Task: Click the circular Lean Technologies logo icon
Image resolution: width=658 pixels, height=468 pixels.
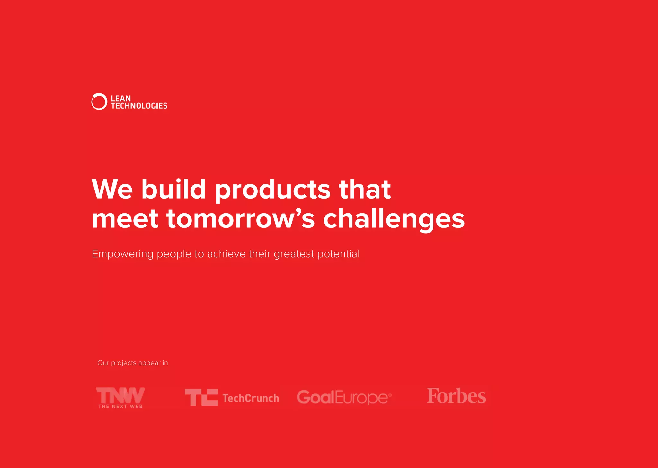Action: coord(99,102)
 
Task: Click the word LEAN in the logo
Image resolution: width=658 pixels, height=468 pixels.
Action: coord(121,98)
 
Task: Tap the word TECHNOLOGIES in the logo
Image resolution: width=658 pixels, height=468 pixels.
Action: coord(139,106)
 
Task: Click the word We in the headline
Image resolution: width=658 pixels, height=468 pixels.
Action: coord(112,190)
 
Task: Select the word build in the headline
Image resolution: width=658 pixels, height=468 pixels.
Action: coord(173,190)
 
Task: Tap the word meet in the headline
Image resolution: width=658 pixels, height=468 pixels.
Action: coord(125,219)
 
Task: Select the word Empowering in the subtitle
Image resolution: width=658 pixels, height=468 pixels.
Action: coord(123,254)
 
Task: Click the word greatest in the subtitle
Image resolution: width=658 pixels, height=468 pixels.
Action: coord(294,254)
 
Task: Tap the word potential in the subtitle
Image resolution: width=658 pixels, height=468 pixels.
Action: coord(338,254)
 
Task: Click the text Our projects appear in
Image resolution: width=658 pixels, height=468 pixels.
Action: coord(132,363)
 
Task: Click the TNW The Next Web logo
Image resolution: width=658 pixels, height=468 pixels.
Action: coord(120,397)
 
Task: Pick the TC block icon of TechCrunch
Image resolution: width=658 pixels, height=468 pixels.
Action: coord(201,397)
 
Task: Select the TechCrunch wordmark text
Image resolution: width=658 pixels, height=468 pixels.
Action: coord(251,398)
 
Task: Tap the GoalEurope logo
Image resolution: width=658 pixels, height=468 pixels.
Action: coord(344,397)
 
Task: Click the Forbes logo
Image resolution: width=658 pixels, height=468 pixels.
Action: coord(456,396)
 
